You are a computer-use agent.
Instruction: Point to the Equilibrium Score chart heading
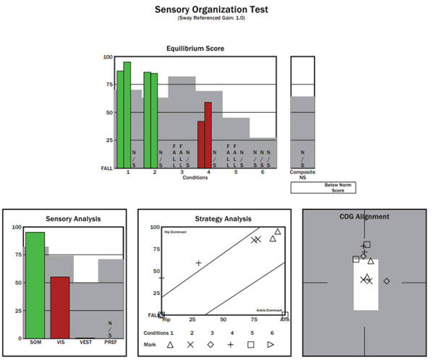click(x=195, y=48)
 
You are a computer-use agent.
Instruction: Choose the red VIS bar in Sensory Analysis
click(x=60, y=307)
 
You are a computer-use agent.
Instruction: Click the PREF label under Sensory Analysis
click(x=110, y=342)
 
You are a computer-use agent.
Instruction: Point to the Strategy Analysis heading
click(x=213, y=218)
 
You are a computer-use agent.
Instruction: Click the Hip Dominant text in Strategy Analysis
click(x=173, y=231)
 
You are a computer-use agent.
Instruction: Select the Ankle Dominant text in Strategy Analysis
click(x=268, y=309)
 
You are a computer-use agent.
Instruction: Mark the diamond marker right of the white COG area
click(x=387, y=280)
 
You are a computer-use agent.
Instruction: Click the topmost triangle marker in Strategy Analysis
click(x=278, y=232)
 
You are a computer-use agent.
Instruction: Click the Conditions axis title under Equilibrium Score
click(x=195, y=178)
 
